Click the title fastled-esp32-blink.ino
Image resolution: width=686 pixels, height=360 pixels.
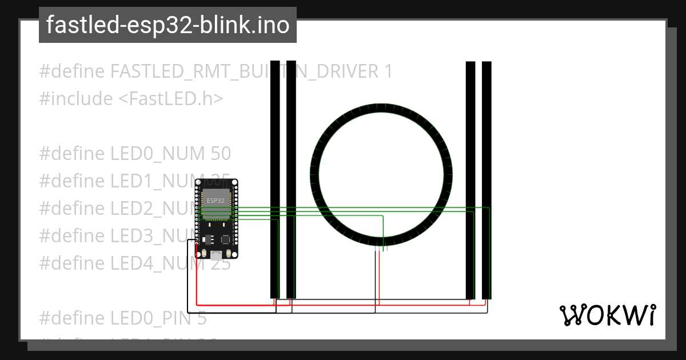(167, 25)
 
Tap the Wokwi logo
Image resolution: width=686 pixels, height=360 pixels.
(607, 315)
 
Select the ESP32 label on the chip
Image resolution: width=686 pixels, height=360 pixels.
(216, 201)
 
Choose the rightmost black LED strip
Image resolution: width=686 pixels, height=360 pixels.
(486, 180)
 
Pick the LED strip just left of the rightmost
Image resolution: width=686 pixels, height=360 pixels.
(470, 180)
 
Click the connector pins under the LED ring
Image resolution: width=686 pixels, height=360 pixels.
(382, 247)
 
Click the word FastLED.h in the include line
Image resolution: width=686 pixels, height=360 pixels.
(171, 99)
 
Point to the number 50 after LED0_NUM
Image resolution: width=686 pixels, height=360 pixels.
(221, 154)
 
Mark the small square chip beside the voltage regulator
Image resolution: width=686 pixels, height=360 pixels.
(226, 239)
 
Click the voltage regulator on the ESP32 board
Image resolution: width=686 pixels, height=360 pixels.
(207, 238)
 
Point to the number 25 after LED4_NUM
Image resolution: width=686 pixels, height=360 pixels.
(221, 263)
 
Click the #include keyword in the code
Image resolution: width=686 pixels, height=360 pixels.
(76, 99)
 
